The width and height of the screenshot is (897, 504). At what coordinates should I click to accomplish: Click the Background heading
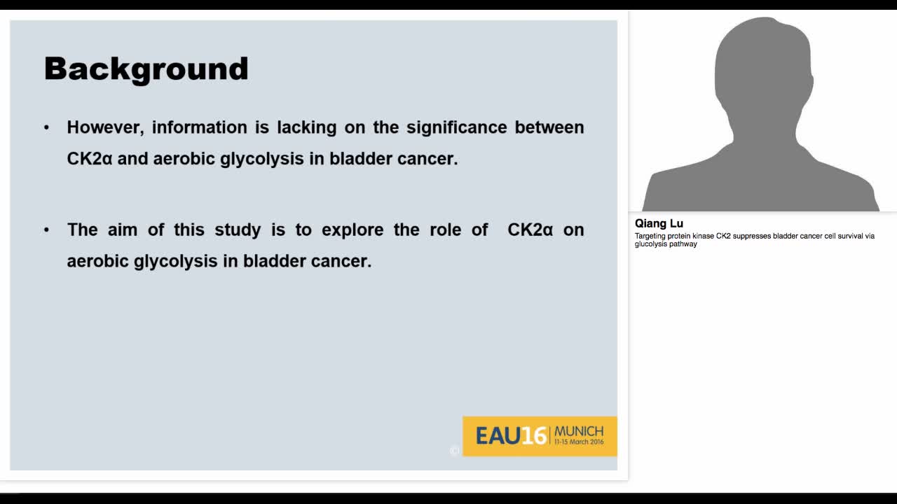point(146,69)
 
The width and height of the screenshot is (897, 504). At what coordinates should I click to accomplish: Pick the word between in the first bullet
point(549,127)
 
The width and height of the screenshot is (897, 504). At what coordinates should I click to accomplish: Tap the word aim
point(123,230)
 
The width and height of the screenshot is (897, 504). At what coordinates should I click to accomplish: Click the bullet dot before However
point(47,127)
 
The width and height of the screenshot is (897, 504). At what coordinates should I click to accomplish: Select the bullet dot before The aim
point(47,230)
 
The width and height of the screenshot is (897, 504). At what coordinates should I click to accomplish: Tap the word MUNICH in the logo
point(579,430)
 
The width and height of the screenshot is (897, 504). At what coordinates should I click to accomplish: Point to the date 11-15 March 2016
point(579,442)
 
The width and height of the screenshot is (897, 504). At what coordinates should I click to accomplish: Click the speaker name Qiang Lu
point(659,224)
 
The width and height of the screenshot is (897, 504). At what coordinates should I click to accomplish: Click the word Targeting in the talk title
point(650,236)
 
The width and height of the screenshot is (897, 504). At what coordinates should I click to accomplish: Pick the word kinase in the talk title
point(701,236)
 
